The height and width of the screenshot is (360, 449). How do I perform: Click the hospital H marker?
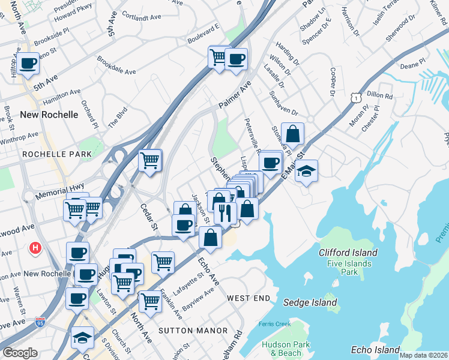point(35,247)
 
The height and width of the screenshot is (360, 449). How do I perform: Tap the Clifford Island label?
point(348,253)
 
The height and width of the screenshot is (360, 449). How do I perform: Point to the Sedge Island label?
point(310,302)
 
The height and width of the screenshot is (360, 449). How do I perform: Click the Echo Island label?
point(375,350)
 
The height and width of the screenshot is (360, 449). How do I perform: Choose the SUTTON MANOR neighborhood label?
point(193,331)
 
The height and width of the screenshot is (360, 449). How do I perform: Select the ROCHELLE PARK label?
point(57,154)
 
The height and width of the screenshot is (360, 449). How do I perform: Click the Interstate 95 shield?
point(41,322)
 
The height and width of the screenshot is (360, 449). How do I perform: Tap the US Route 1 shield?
point(357,97)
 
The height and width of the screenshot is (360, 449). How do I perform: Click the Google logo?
point(20,352)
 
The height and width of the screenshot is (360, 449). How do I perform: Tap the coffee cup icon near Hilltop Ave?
point(28,63)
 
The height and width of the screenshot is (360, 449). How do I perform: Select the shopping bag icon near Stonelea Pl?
point(292,134)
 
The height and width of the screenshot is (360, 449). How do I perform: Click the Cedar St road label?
point(149,220)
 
